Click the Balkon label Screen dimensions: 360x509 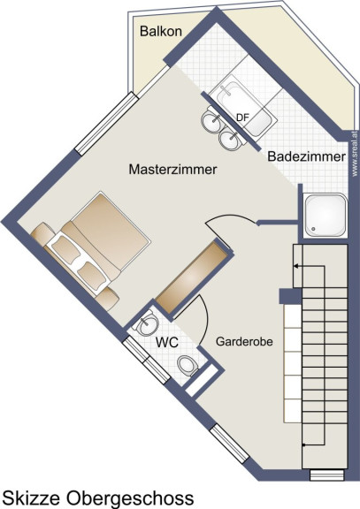click(160, 32)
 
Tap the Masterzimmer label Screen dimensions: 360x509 click(172, 170)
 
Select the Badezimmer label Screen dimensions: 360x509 click(306, 156)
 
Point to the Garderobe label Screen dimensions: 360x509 click(244, 341)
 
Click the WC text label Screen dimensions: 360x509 click(167, 342)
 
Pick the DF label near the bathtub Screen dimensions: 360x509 click(242, 118)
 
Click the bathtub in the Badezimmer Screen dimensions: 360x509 click(243, 109)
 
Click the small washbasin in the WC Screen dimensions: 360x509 click(147, 323)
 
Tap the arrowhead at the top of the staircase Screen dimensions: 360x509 click(296, 266)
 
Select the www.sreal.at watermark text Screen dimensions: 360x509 click(356, 153)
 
